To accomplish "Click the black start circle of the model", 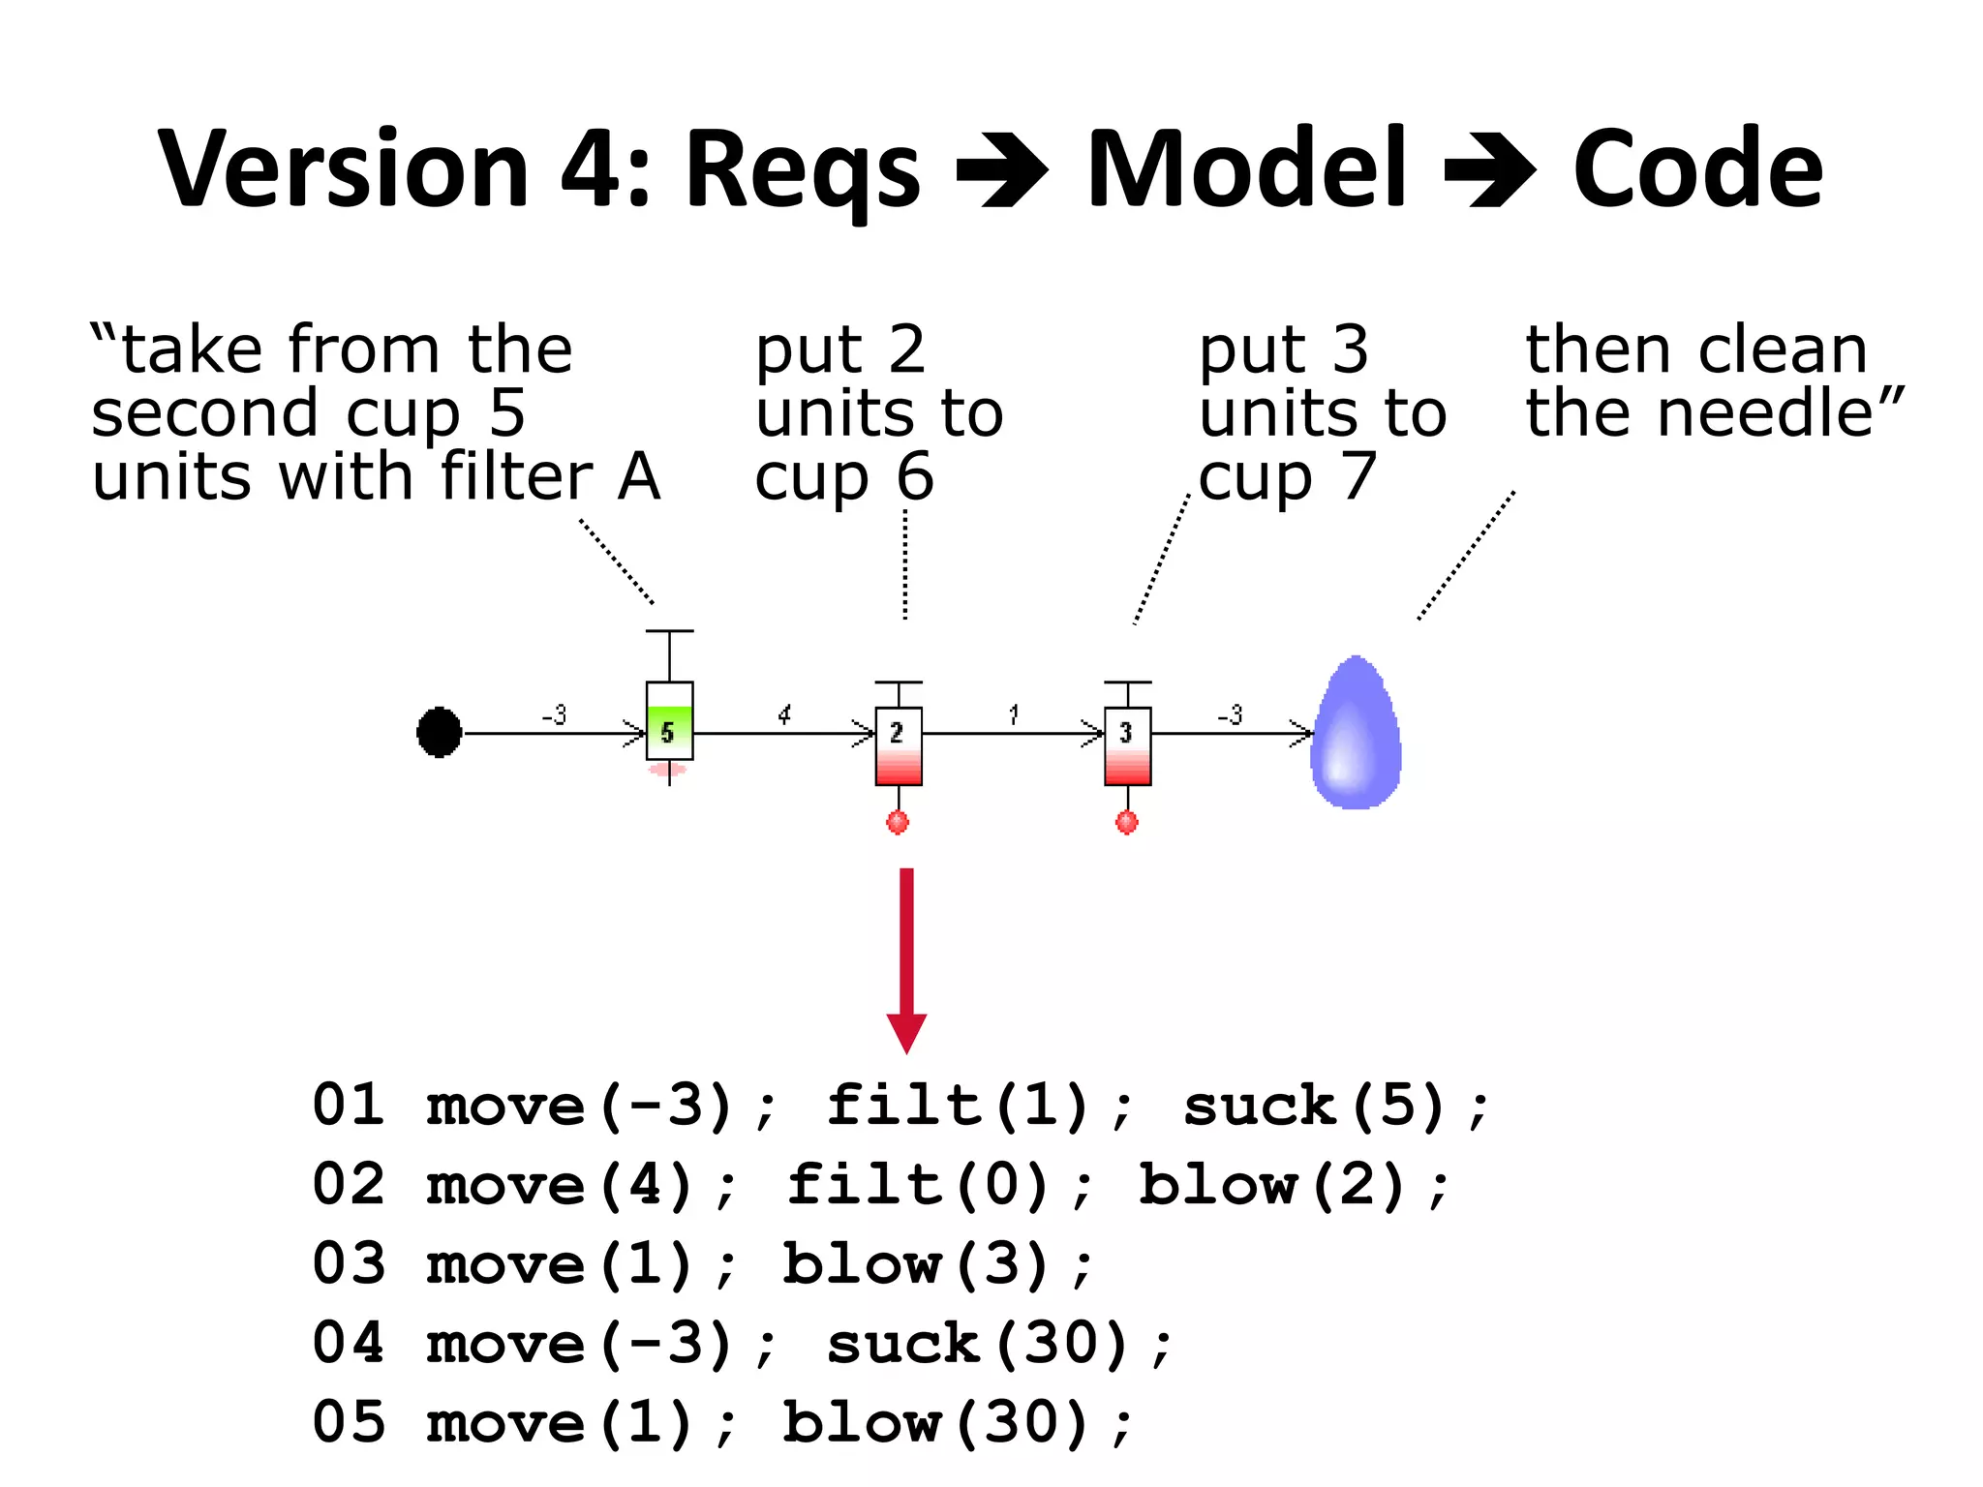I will [x=439, y=732].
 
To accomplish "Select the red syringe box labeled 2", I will [x=899, y=745].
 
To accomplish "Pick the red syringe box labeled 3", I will [x=1127, y=745].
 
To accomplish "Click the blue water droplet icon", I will [x=1356, y=734].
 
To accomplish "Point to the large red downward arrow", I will [x=906, y=958].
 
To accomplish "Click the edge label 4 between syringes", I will [x=784, y=714].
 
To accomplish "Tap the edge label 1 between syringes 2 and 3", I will [x=1013, y=714].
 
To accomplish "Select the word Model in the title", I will [x=1246, y=169].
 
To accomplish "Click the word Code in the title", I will [x=1697, y=169].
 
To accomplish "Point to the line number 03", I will [x=349, y=1264].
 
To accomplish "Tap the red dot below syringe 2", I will [x=898, y=823].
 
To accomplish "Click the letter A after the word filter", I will [x=639, y=476].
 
